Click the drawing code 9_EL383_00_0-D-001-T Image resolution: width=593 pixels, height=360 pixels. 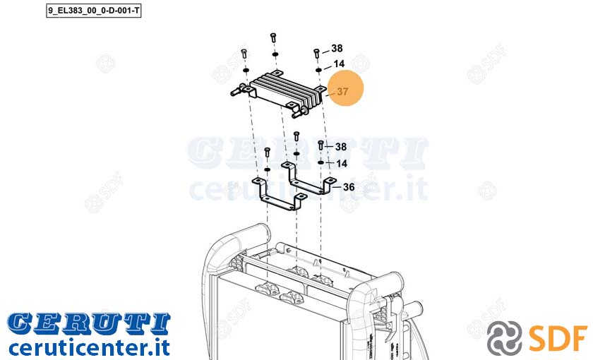coord(93,11)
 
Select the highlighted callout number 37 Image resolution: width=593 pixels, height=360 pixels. coord(342,92)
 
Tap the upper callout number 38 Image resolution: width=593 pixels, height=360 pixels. coord(337,49)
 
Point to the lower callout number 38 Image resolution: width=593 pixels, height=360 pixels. coord(341,146)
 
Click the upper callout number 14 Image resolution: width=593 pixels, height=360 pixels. coord(339,64)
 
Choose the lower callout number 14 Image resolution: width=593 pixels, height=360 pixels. coord(342,163)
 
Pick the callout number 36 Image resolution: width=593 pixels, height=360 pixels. coord(349,187)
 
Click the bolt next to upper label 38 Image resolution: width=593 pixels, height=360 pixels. coord(317,53)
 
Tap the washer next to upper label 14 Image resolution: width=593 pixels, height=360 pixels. coord(318,70)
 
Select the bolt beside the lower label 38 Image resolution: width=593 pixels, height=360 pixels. coord(321,145)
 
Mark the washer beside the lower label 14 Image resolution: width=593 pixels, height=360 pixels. coord(321,162)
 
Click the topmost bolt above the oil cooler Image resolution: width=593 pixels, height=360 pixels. coord(273,38)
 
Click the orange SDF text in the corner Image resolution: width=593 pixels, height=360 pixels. coord(558,337)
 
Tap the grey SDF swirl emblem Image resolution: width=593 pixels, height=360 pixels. coord(504,338)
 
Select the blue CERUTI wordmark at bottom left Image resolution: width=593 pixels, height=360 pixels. coord(89,324)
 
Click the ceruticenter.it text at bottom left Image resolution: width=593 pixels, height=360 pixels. coord(89,347)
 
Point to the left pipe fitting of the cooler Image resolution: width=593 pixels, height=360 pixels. coord(236,91)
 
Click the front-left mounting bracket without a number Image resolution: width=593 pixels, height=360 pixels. coord(279,194)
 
